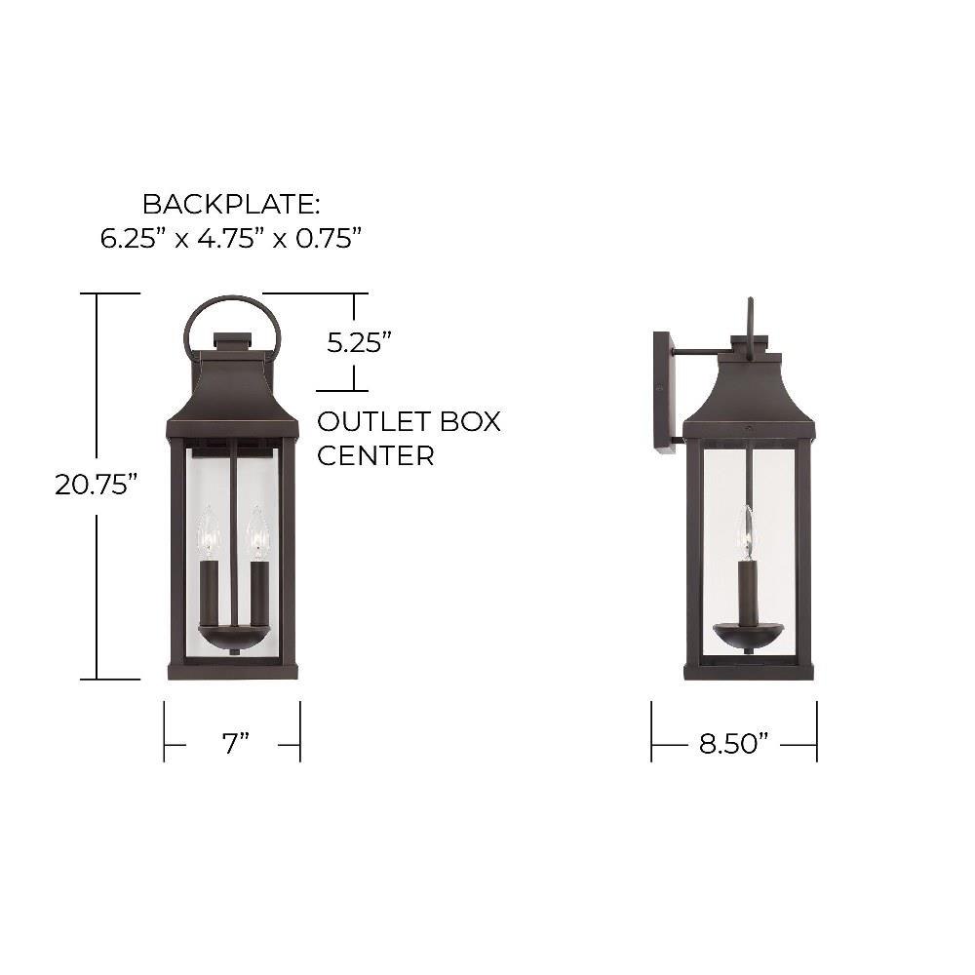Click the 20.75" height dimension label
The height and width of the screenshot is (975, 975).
pyautogui.click(x=96, y=485)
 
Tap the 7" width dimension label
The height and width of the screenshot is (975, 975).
pyautogui.click(x=236, y=743)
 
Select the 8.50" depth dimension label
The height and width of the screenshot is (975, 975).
pyautogui.click(x=734, y=743)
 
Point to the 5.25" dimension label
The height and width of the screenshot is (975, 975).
pyautogui.click(x=359, y=342)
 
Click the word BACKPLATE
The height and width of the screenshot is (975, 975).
pyautogui.click(x=231, y=204)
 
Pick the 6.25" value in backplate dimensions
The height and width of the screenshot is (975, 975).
pyautogui.click(x=132, y=238)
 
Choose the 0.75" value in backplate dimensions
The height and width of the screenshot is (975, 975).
pyautogui.click(x=329, y=238)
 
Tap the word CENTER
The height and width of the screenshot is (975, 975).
pyautogui.click(x=375, y=455)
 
